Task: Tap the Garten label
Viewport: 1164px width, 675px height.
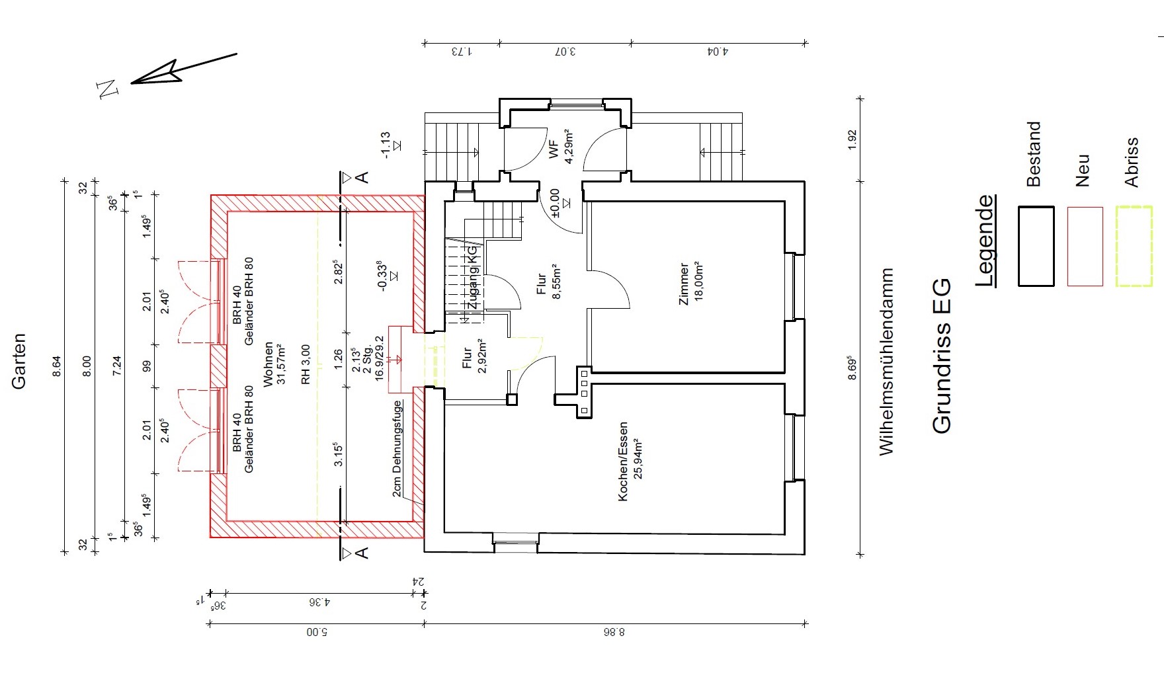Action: (20, 361)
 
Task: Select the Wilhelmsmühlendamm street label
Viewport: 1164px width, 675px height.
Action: (886, 362)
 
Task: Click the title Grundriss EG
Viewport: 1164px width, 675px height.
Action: (941, 356)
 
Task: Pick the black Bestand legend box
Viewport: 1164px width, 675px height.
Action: (1036, 246)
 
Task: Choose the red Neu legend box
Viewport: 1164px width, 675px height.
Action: (1085, 246)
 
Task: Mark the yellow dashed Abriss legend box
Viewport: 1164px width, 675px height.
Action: (1134, 246)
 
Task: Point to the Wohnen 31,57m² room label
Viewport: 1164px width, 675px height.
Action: (274, 364)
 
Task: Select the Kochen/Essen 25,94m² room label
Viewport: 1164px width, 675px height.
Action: (629, 461)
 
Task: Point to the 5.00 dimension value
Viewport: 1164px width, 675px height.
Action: (317, 633)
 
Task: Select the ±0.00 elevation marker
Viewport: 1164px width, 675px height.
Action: (555, 203)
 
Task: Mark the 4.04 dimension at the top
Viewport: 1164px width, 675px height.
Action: (718, 51)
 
